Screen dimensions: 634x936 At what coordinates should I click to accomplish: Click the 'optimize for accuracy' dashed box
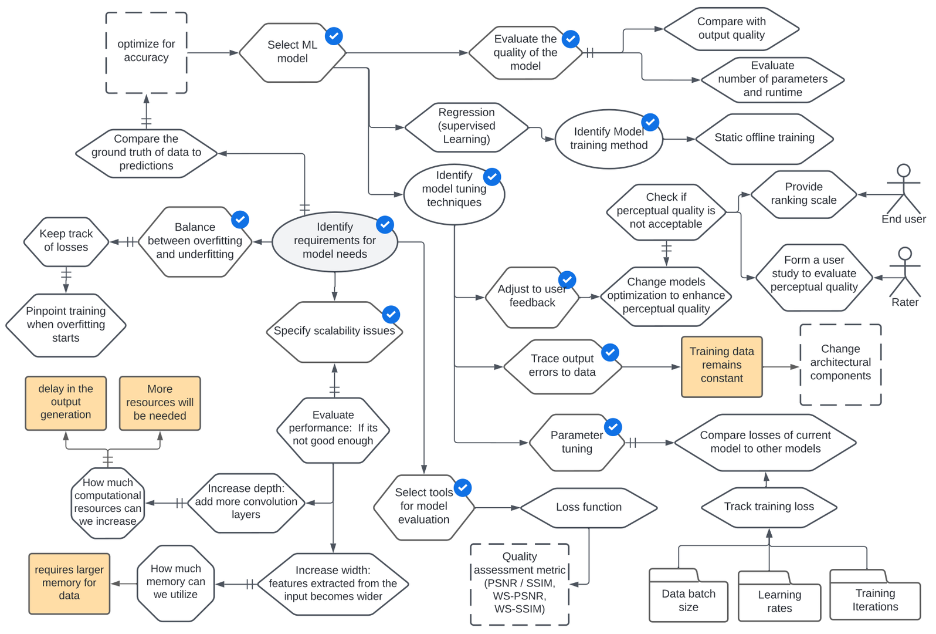[x=146, y=52]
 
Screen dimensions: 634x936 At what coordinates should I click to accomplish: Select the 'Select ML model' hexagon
[x=291, y=52]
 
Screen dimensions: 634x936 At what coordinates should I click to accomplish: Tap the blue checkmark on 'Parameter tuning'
[x=613, y=427]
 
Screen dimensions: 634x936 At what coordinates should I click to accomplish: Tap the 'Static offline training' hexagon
[x=764, y=139]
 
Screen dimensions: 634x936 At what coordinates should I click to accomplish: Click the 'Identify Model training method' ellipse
[x=608, y=139]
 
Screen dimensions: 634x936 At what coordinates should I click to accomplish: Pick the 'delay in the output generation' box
[x=66, y=403]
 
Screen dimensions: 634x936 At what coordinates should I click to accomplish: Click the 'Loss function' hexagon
[x=588, y=507]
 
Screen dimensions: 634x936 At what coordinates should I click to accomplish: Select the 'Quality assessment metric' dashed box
[x=520, y=584]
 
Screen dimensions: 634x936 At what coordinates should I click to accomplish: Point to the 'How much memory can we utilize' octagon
[x=175, y=583]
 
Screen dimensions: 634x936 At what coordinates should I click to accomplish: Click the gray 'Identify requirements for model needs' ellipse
[x=334, y=241]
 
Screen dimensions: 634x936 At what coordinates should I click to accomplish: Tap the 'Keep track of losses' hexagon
[x=66, y=241]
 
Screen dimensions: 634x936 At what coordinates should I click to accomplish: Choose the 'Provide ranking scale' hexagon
[x=803, y=194]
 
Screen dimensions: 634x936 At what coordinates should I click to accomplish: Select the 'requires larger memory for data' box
[x=69, y=583]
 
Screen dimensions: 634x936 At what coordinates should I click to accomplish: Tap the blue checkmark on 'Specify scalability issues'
[x=391, y=314]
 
